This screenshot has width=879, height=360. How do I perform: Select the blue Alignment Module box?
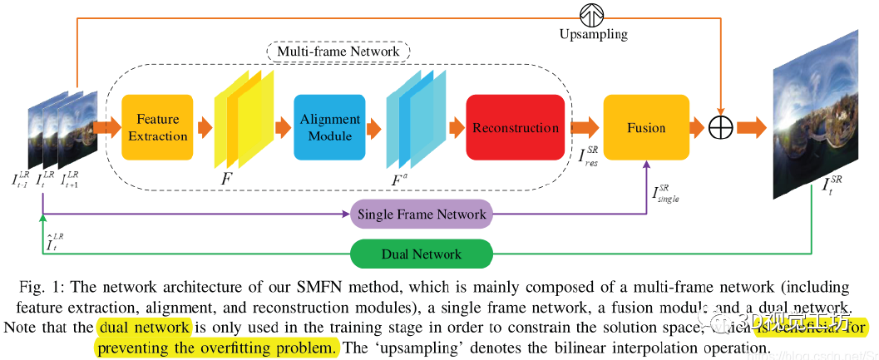pos(328,128)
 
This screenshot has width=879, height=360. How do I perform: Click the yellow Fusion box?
pos(646,128)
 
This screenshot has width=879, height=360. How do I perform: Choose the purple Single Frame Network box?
pos(422,215)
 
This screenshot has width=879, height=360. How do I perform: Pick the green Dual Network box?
pos(422,254)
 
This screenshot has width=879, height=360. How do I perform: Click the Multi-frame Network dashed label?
pos(338,52)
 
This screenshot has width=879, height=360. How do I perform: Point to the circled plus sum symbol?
pos(720,128)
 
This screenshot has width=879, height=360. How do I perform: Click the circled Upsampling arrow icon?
pos(592,14)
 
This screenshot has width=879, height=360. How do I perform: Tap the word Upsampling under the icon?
pos(593,36)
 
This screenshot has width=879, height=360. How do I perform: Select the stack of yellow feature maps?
pos(244,128)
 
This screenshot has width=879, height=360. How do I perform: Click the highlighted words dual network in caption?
pos(144,327)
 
